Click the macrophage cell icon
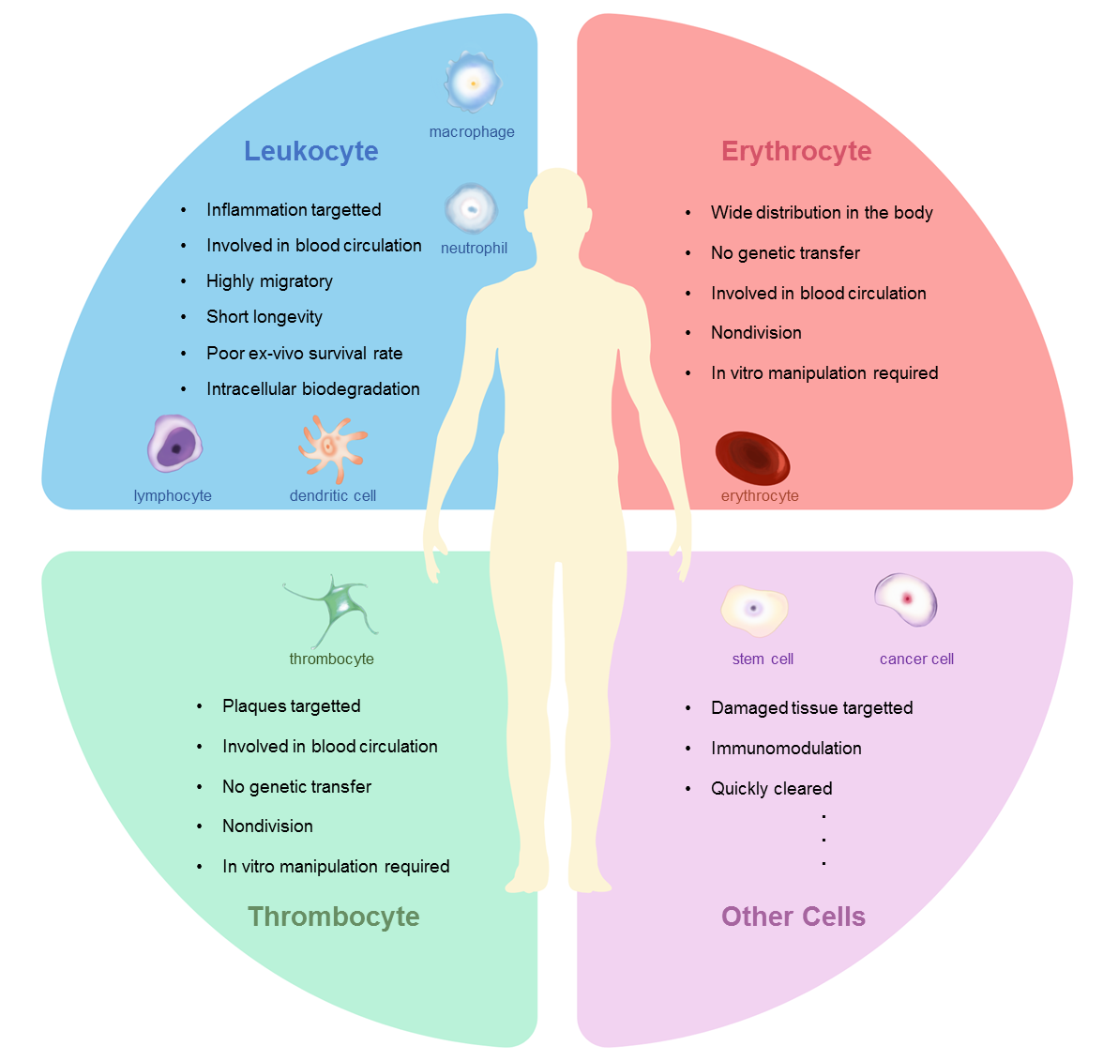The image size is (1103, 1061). (x=473, y=83)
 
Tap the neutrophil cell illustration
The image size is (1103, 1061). (x=471, y=208)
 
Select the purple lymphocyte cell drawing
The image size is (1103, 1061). (x=174, y=445)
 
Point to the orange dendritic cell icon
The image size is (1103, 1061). (x=331, y=447)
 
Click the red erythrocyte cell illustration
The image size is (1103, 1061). (x=752, y=458)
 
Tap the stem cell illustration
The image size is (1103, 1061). (x=754, y=610)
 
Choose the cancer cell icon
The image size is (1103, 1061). (x=906, y=599)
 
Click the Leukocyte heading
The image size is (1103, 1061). (x=311, y=151)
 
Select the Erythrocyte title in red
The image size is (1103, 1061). (x=796, y=151)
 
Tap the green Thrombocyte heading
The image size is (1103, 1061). (x=334, y=917)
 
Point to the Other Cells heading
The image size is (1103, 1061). (x=793, y=917)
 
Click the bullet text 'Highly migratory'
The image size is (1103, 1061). (x=269, y=281)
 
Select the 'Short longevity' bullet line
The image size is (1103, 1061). (x=264, y=317)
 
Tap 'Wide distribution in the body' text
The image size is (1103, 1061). (x=822, y=213)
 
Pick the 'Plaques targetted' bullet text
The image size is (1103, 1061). (x=291, y=706)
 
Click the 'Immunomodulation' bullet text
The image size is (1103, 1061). (x=786, y=749)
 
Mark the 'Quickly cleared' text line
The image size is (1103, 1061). (x=771, y=789)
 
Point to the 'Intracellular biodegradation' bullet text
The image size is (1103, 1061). (x=312, y=389)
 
